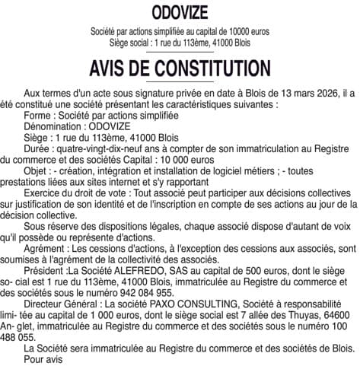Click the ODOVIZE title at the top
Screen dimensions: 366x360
tap(180, 13)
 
